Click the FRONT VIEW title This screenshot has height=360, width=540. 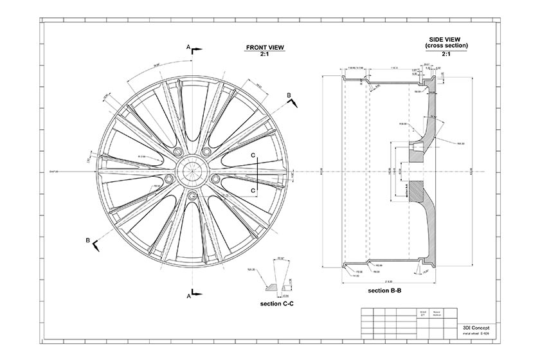pos(264,48)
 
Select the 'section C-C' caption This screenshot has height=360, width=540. pos(278,303)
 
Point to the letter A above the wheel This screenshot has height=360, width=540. pos(188,47)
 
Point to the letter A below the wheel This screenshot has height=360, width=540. pos(188,296)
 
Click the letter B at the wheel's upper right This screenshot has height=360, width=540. pos(289,95)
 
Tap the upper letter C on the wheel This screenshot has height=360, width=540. pos(253,155)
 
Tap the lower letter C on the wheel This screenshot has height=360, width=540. pos(253,191)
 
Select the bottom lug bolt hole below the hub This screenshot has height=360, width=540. pos(192,197)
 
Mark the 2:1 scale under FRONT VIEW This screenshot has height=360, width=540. pos(264,55)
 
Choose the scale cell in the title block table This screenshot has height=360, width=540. pos(422,314)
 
